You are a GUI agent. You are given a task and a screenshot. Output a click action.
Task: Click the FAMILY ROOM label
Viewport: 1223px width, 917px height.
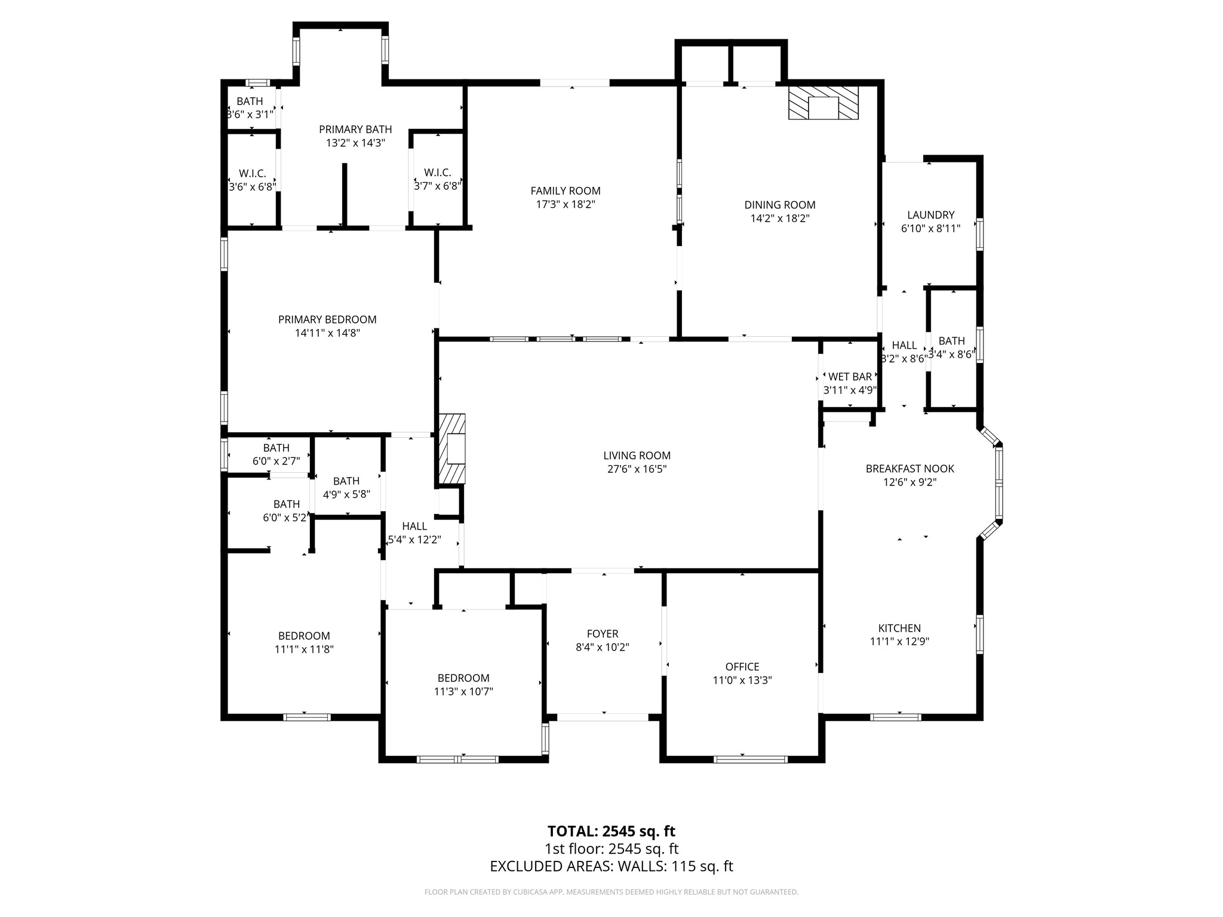point(565,191)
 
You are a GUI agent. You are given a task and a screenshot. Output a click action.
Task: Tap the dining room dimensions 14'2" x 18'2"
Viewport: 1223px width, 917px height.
point(779,219)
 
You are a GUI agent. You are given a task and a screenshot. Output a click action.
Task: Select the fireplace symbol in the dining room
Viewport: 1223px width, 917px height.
point(823,103)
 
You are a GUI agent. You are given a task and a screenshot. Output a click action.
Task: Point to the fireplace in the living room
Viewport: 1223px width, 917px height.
point(452,449)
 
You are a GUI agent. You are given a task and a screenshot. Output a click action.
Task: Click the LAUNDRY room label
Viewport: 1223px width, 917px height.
point(930,215)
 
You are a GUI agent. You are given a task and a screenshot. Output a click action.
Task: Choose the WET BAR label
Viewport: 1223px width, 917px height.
point(850,377)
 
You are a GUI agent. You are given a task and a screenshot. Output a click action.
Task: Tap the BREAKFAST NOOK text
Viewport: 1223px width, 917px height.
point(909,469)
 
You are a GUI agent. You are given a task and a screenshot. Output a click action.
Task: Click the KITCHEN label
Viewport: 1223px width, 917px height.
point(899,628)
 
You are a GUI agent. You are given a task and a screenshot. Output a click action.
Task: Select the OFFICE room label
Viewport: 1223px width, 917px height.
point(742,666)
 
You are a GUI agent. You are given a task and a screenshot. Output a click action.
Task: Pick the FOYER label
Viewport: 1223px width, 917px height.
point(602,633)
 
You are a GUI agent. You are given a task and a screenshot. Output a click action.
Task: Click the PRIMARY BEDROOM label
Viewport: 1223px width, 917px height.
point(327,319)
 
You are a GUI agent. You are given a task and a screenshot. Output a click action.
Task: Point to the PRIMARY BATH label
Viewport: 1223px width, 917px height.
point(355,130)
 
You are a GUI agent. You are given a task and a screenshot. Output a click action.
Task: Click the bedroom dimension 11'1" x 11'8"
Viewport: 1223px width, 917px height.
point(304,650)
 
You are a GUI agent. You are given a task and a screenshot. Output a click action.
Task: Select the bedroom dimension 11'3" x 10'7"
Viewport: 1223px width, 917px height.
point(463,691)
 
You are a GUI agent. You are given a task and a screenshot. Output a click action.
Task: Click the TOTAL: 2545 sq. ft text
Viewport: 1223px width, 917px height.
point(611,831)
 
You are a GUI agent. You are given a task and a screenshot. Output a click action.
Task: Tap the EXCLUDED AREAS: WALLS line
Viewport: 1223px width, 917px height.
point(611,866)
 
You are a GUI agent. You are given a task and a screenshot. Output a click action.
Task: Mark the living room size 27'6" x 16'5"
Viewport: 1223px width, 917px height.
point(637,469)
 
